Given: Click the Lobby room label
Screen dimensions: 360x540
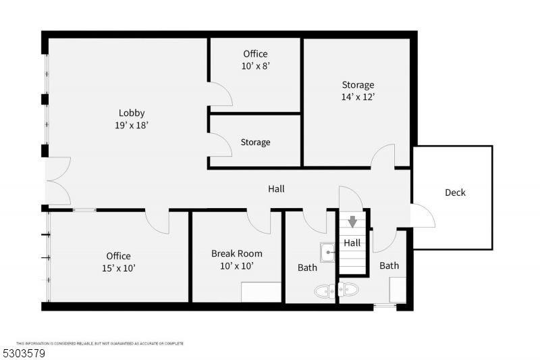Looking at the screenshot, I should coord(132,113).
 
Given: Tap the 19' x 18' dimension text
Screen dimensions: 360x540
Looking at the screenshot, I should coord(132,125).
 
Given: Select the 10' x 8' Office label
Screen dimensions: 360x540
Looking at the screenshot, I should coord(255,54).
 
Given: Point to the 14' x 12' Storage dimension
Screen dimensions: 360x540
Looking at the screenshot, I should coord(358,97).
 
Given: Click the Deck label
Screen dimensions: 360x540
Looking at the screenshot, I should coord(455,192).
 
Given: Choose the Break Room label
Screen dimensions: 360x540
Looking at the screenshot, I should coord(236,254).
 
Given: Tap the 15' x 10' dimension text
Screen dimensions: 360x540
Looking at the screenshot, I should coord(118,268).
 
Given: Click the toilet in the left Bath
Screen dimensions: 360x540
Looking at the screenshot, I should coord(325,290).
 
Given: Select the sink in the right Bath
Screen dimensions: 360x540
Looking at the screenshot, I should coord(349,290).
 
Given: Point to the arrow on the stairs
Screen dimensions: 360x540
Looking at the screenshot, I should coord(352,222).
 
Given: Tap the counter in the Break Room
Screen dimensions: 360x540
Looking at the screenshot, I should coord(261,292).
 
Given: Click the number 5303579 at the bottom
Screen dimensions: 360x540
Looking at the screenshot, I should coord(25,353).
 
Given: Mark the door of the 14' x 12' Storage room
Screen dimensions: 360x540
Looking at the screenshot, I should coord(383,157).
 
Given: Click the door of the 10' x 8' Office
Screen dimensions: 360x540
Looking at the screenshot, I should coord(220,95).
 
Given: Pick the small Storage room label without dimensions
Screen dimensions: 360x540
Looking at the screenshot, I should coord(255,143).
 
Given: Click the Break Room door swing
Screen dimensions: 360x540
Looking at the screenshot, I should coord(259,222).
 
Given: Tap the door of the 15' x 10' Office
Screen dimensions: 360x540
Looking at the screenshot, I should coord(157,222).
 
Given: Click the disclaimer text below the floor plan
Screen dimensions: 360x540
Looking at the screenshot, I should coord(100,343).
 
